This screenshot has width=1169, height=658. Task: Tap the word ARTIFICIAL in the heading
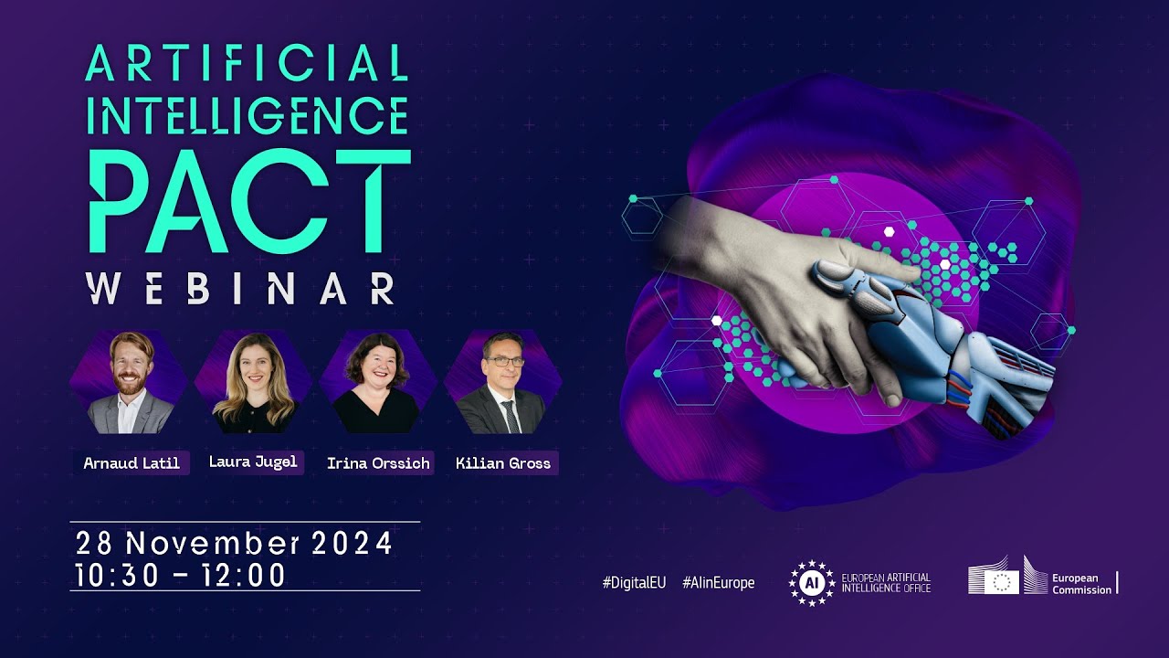247,65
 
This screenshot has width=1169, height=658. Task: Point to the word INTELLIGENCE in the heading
247,116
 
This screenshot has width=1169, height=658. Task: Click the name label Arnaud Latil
132,463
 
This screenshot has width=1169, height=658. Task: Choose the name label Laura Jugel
253,462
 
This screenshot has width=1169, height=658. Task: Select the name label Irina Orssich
378,463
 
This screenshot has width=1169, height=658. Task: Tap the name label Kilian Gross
503,463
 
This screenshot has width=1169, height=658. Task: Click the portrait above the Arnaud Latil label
130,383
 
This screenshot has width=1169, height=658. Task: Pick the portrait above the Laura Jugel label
253,383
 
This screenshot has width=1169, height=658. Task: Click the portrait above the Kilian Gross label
501,383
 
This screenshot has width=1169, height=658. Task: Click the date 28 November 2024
235,543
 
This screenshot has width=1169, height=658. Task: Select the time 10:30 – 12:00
181,575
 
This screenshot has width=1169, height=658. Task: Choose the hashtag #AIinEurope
718,583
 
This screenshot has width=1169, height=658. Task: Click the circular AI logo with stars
811,583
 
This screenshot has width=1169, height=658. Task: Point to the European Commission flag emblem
1006,581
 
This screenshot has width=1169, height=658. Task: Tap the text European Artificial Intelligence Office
885,583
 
